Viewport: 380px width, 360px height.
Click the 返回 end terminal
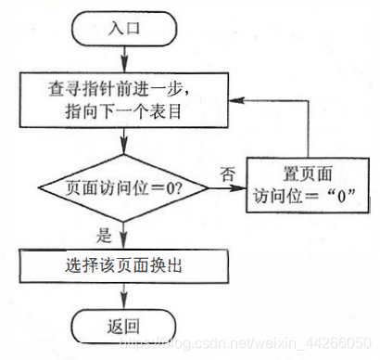click(x=123, y=326)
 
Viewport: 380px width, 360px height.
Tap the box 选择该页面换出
click(x=123, y=265)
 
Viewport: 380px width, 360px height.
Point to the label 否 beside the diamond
click(x=226, y=172)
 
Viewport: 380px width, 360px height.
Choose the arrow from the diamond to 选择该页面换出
click(x=123, y=235)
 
